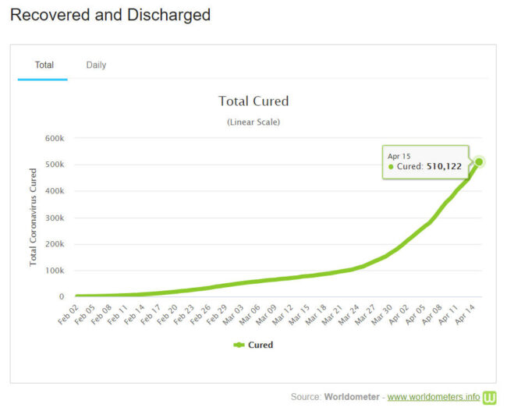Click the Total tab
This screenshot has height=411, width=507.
pos(44,65)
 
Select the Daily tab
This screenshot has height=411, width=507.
pos(96,65)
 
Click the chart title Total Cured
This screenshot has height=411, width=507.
pos(253,101)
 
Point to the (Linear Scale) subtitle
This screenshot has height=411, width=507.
pos(253,122)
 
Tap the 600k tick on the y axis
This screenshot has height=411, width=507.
pos(53,138)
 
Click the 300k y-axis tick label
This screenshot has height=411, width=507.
pos(53,218)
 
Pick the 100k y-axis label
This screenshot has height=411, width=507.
pos(53,271)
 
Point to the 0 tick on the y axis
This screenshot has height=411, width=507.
pos(60,297)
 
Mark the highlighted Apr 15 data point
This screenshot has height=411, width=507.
pos(479,161)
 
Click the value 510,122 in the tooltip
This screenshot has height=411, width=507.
pos(444,166)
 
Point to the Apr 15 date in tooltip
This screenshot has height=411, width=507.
pos(399,156)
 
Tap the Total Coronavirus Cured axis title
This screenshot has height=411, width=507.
pos(34,217)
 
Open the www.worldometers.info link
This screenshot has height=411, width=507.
pos(434,397)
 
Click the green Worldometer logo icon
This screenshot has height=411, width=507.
pos(490,397)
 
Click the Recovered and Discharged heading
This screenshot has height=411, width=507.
pos(110,15)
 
